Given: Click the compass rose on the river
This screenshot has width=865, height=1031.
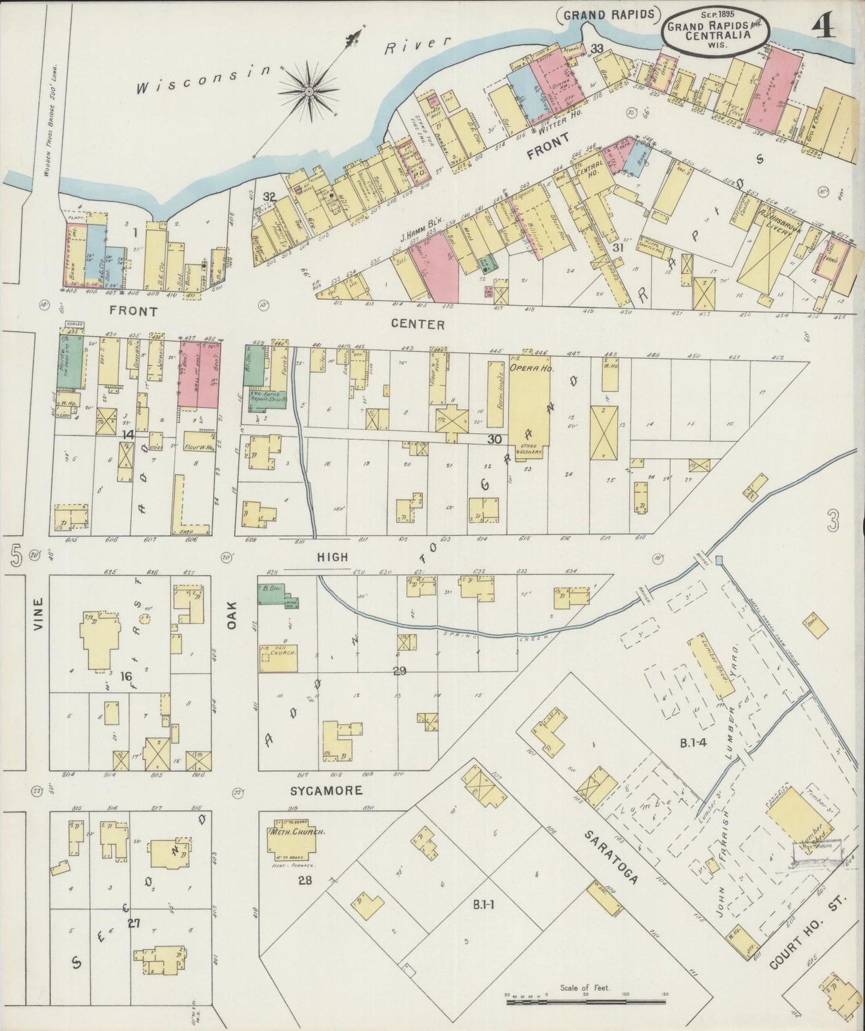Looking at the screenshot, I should (x=309, y=91).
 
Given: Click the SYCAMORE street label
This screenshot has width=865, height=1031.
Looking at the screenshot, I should (x=326, y=790).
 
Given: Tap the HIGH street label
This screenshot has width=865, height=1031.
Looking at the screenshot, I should (x=332, y=556).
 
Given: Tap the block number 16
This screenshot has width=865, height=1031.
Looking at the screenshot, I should (x=125, y=676).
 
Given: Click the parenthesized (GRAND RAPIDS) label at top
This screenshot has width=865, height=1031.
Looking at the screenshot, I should (x=608, y=13).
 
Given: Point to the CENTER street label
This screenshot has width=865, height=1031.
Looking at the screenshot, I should (x=417, y=324).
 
